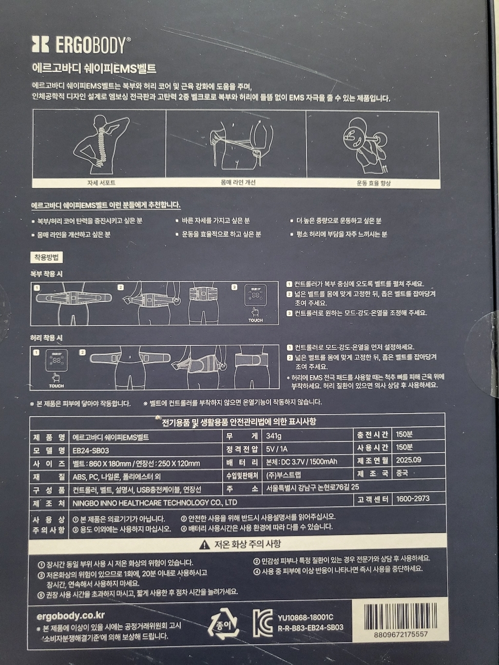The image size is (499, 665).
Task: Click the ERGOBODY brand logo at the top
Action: [81, 45]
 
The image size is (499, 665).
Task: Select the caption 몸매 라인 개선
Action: [238, 183]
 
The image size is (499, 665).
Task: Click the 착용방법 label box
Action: [47, 257]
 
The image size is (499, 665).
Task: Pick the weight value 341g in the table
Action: [274, 436]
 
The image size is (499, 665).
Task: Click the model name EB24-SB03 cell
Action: [91, 450]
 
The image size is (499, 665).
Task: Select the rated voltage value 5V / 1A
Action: [277, 449]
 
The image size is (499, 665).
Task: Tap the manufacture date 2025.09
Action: [408, 459]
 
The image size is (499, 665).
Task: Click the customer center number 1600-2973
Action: [413, 498]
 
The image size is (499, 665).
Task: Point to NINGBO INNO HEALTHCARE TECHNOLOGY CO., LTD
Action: [155, 502]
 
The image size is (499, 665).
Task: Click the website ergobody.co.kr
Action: [71, 615]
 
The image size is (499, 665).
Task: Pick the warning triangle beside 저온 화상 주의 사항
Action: [205, 545]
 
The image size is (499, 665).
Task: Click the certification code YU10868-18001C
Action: [306, 617]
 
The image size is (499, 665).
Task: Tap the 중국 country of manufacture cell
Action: [402, 473]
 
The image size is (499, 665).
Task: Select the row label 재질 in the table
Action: [49, 476]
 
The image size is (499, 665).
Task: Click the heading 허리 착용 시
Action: [46, 338]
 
